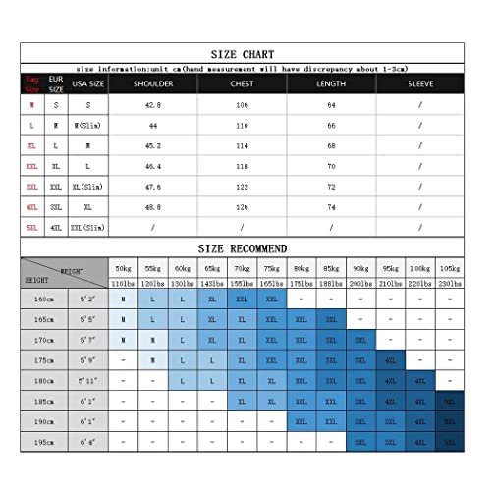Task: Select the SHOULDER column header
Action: [152, 84]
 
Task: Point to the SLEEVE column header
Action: [419, 84]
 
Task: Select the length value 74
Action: [331, 208]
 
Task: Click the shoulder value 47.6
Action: [152, 188]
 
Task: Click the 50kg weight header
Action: [123, 268]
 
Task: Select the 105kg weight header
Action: [449, 268]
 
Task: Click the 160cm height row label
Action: [43, 299]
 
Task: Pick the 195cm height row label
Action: [43, 443]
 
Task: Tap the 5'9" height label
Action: [86, 360]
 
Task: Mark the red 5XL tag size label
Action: [32, 228]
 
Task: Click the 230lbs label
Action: [449, 283]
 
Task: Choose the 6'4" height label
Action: [86, 443]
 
